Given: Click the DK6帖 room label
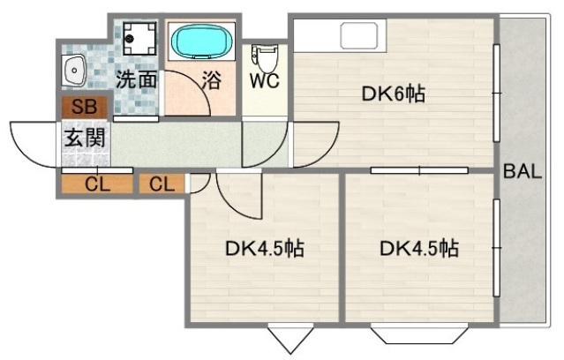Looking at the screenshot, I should [394, 94].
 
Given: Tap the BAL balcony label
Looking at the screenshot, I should [523, 171].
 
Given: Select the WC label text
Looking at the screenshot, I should [265, 81].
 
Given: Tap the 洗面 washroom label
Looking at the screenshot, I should [137, 79].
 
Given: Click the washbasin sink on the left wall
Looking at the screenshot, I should [74, 68].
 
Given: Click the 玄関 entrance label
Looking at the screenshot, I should [86, 138].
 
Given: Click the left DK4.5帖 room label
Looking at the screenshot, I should [263, 249].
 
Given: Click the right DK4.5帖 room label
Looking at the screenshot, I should [419, 249].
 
